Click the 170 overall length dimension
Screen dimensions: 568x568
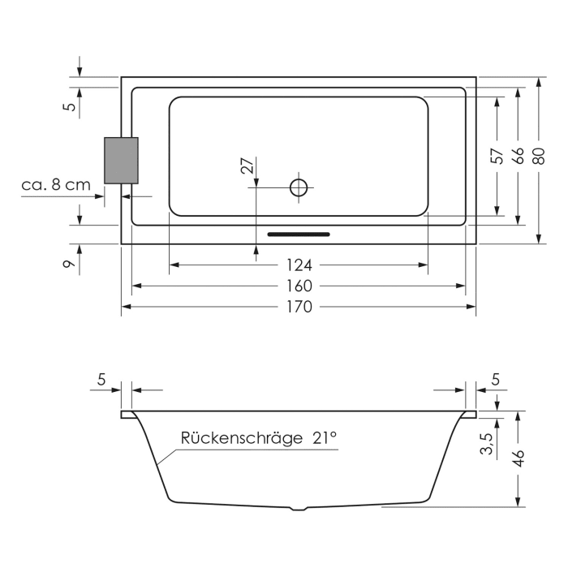click(299, 307)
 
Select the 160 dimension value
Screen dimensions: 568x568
click(299, 286)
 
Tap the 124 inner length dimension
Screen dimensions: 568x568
click(299, 265)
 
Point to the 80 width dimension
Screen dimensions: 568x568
click(538, 155)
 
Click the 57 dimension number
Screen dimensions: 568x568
click(497, 155)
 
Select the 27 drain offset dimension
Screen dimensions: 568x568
click(248, 166)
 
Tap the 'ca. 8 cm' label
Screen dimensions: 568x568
click(56, 185)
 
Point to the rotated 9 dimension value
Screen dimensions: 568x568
click(71, 260)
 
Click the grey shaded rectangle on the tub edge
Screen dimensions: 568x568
click(121, 161)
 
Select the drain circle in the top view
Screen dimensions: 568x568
click(299, 187)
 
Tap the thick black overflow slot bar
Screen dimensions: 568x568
click(299, 235)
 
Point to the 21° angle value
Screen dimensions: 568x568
click(323, 439)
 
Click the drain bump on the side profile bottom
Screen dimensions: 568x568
click(299, 509)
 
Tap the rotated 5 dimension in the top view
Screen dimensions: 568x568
click(71, 105)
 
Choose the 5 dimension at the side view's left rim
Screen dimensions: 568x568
click(101, 379)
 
